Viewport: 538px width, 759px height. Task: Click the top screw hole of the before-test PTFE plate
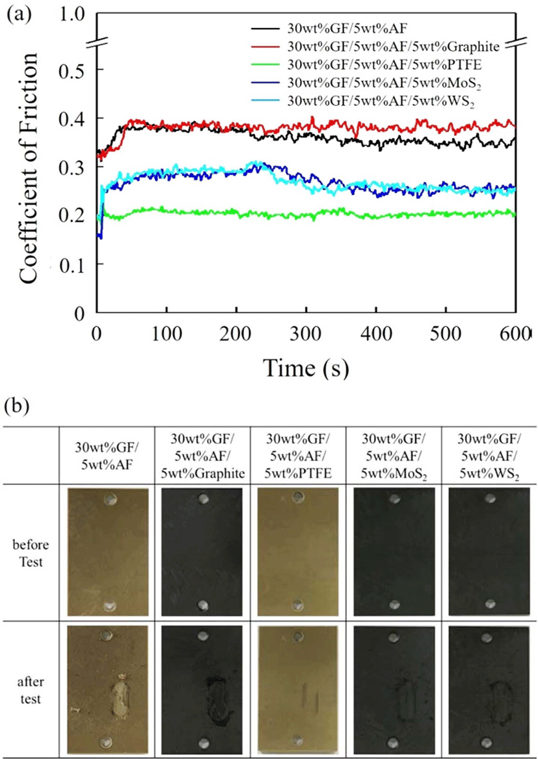pos(298,497)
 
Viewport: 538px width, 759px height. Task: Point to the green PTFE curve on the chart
pos(306,214)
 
